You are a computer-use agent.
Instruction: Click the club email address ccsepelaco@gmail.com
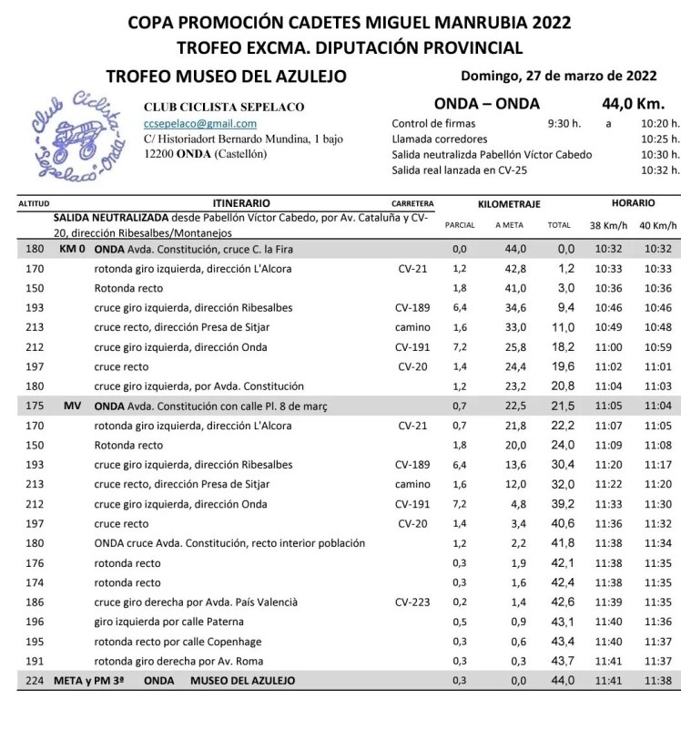200,124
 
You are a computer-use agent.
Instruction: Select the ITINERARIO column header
240,202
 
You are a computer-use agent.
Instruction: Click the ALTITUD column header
33,203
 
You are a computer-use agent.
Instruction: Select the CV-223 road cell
412,602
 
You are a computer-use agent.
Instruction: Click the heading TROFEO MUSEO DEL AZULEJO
226,77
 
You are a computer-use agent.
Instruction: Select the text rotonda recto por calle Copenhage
185,641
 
